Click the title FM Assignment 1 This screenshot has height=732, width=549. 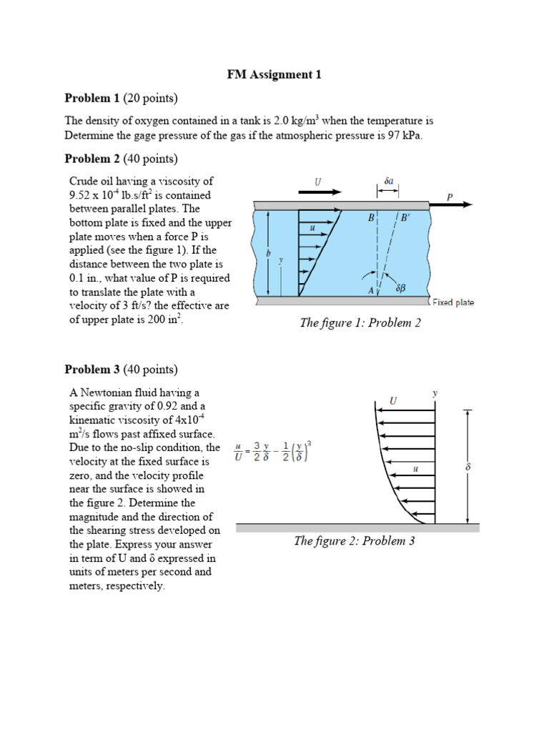point(274,74)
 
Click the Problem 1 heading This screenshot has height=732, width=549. point(122,98)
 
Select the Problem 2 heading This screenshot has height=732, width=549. point(122,159)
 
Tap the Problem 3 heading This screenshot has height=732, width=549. point(122,370)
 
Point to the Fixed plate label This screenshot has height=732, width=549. point(453,302)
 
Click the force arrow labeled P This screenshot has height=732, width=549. point(451,204)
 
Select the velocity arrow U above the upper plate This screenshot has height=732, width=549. point(320,192)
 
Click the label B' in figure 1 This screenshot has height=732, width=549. point(405,217)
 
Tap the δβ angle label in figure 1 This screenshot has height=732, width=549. point(400,287)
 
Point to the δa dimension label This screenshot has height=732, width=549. point(389,181)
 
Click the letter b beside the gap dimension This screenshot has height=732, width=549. point(268,253)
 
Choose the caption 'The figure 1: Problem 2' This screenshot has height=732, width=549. point(360,322)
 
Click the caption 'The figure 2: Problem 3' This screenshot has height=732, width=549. point(355,540)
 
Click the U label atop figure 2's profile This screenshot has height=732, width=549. point(393,400)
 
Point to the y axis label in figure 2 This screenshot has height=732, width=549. point(435,393)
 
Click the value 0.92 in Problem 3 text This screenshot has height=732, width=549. point(167,406)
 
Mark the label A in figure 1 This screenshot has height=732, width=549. point(371,290)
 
